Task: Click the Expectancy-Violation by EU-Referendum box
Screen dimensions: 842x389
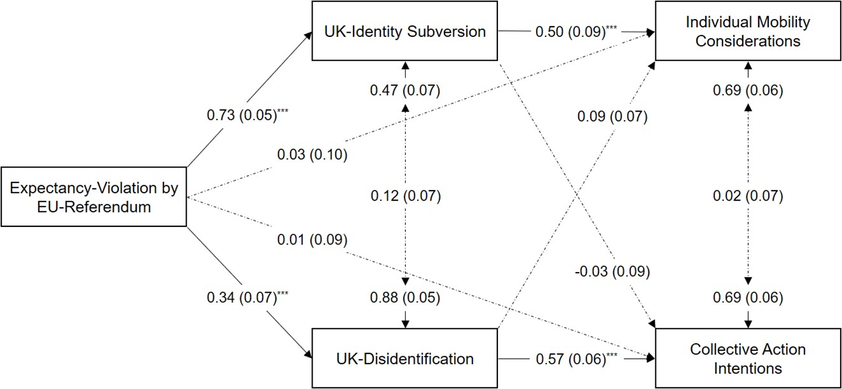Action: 94,197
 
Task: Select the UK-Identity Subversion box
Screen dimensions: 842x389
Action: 405,31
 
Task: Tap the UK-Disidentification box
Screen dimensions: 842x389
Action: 405,358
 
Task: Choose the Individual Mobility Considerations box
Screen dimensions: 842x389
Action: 748,31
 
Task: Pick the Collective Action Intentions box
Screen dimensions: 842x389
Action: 748,358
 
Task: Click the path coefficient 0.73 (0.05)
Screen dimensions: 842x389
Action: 247,115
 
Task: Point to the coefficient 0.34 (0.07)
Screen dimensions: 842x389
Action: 247,298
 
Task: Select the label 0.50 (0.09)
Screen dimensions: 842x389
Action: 576,31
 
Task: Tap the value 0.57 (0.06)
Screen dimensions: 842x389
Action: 576,359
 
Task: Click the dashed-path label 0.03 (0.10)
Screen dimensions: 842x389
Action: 313,154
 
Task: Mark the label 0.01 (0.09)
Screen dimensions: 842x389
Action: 313,240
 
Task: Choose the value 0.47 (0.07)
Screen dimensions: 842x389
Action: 405,90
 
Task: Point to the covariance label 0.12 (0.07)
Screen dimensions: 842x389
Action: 406,196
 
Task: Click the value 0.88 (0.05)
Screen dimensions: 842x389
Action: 405,298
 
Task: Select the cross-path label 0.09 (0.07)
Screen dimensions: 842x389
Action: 613,116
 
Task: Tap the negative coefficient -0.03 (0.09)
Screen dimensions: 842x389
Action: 612,271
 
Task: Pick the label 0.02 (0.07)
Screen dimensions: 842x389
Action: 748,196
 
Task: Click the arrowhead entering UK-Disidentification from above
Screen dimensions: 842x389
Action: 405,324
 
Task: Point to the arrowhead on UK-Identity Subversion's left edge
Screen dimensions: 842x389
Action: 308,35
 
